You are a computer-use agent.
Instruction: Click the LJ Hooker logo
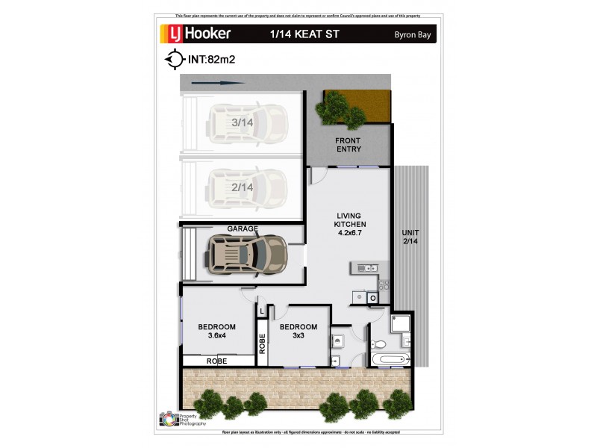[196, 33]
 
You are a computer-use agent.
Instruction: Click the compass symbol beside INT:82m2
[173, 58]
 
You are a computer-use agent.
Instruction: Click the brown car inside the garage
[246, 253]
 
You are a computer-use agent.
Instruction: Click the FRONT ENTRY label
[348, 145]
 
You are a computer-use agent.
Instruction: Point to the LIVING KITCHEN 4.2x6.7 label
[348, 224]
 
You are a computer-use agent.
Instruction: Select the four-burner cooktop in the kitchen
[384, 284]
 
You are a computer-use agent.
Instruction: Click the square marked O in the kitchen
[372, 298]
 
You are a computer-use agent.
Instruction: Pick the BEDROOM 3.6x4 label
[216, 331]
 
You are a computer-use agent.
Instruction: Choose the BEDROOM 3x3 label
[298, 331]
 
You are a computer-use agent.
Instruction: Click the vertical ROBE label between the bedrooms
[262, 343]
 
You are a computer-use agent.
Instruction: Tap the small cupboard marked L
[262, 310]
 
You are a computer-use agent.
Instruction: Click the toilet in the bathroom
[378, 344]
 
